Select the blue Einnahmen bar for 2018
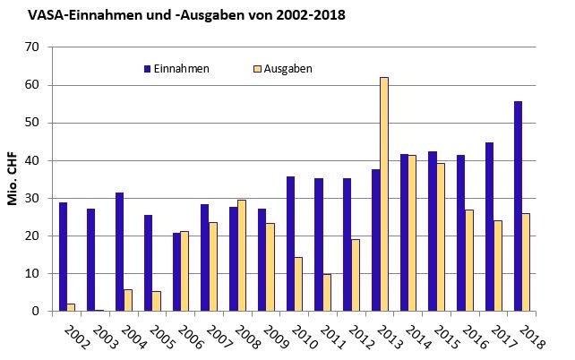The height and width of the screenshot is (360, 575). click(x=518, y=206)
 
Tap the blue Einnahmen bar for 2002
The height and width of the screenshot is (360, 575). click(x=63, y=257)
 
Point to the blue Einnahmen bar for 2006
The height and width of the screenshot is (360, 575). click(x=176, y=272)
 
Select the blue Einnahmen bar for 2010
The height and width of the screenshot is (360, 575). click(x=290, y=244)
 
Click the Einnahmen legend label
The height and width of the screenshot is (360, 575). click(x=182, y=68)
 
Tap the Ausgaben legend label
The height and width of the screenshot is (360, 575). click(x=288, y=68)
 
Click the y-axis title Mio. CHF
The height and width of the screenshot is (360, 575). click(x=13, y=179)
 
